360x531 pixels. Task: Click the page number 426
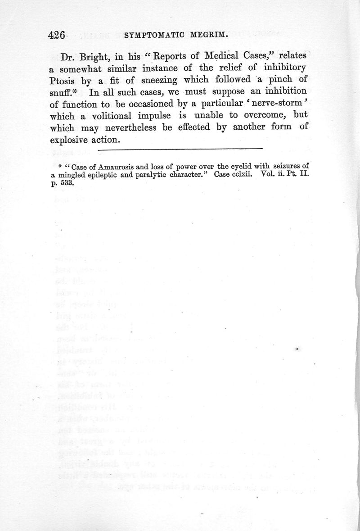pyautogui.click(x=57, y=35)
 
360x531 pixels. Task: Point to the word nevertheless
pyautogui.click(x=128, y=127)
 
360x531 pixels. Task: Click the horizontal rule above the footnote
pyautogui.click(x=180, y=148)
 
